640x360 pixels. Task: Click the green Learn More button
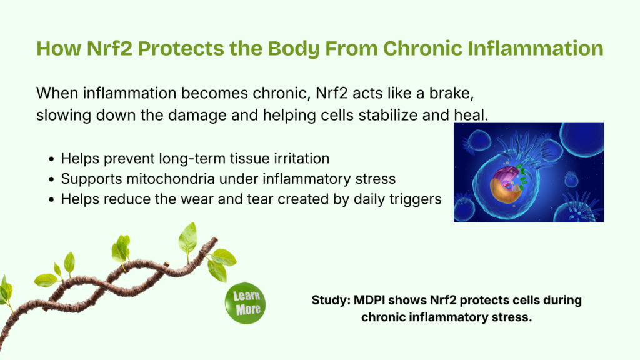pyautogui.click(x=245, y=303)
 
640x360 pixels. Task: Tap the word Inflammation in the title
pyautogui.click(x=535, y=48)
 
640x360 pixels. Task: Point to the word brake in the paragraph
pyautogui.click(x=451, y=93)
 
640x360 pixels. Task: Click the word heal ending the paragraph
pyautogui.click(x=471, y=115)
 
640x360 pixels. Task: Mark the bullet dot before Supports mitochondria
pyautogui.click(x=51, y=179)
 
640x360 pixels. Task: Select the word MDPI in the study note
pyautogui.click(x=369, y=300)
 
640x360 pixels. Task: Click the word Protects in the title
pyautogui.click(x=181, y=48)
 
